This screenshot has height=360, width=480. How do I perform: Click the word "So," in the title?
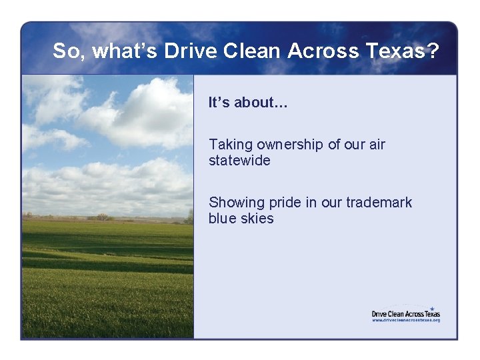click(69, 51)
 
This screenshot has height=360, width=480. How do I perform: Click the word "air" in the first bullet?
click(376, 145)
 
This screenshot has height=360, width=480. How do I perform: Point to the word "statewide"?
click(239, 161)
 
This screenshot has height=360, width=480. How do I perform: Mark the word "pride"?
click(285, 203)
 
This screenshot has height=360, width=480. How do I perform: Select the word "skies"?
click(258, 219)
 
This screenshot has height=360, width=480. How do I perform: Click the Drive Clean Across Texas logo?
click(405, 312)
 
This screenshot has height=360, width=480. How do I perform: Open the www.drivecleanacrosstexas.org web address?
click(405, 320)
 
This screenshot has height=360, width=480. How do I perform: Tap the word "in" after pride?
click(311, 203)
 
